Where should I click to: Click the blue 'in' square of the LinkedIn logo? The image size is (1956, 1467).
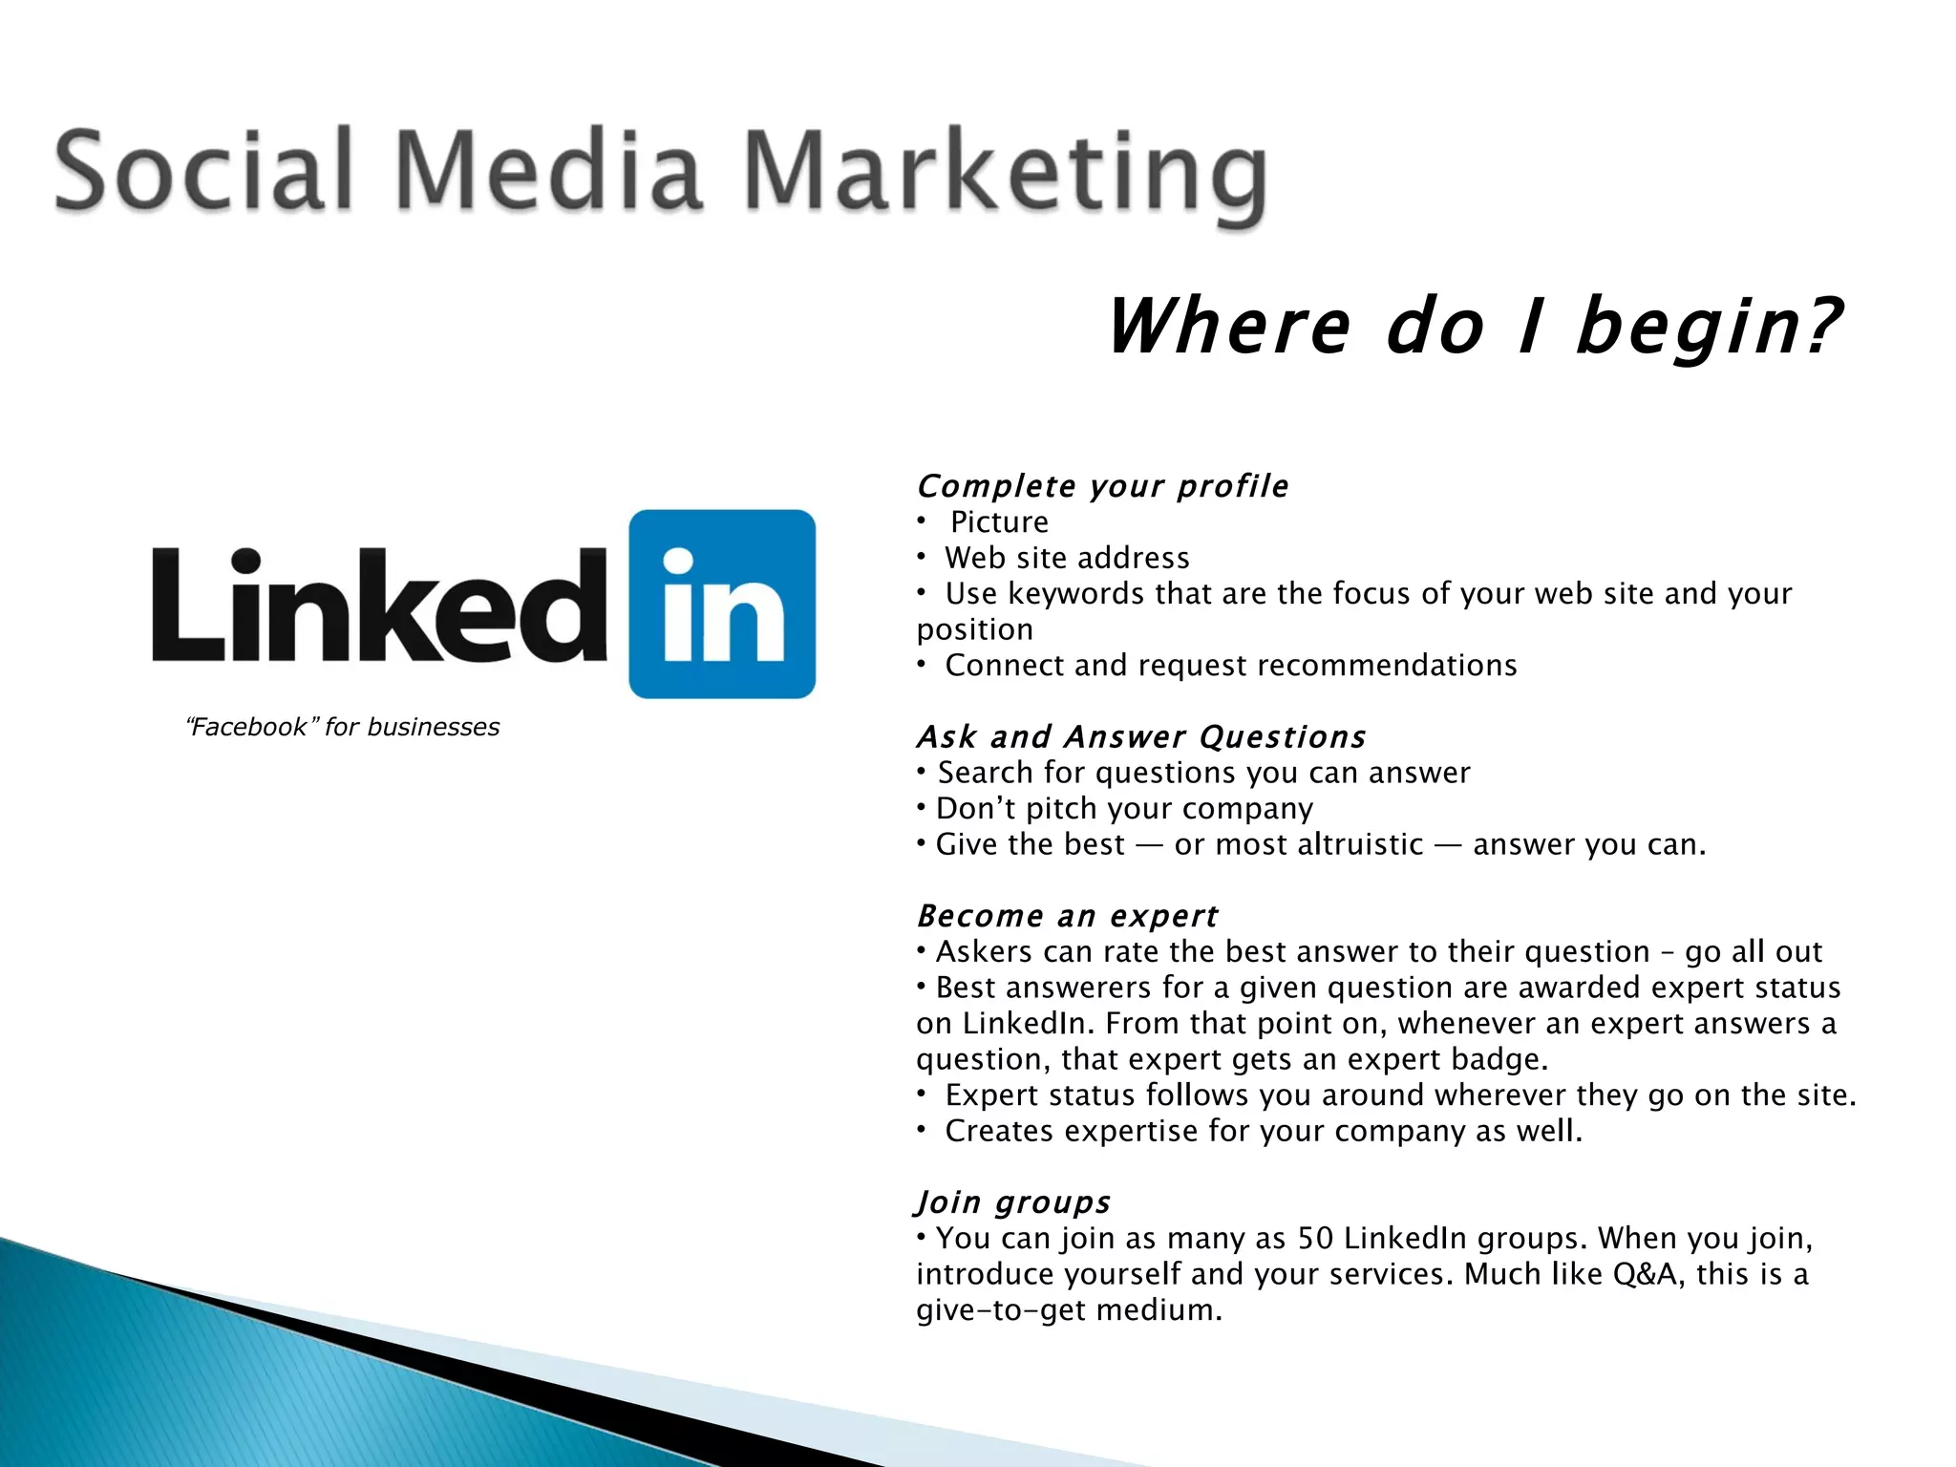(722, 604)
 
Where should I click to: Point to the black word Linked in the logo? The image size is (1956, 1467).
(379, 606)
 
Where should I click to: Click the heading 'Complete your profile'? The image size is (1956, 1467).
(1102, 486)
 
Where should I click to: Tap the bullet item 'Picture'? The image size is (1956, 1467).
(999, 522)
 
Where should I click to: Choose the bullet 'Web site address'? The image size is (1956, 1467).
(1067, 558)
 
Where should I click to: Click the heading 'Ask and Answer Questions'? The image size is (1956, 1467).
(1141, 736)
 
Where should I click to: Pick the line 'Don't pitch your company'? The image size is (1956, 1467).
(1124, 809)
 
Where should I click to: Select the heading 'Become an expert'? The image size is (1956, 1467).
(1067, 916)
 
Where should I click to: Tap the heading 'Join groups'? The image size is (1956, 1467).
(1013, 1201)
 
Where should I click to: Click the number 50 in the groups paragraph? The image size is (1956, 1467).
(1315, 1239)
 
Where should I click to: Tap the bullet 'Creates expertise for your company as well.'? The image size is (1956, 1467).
(1263, 1131)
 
